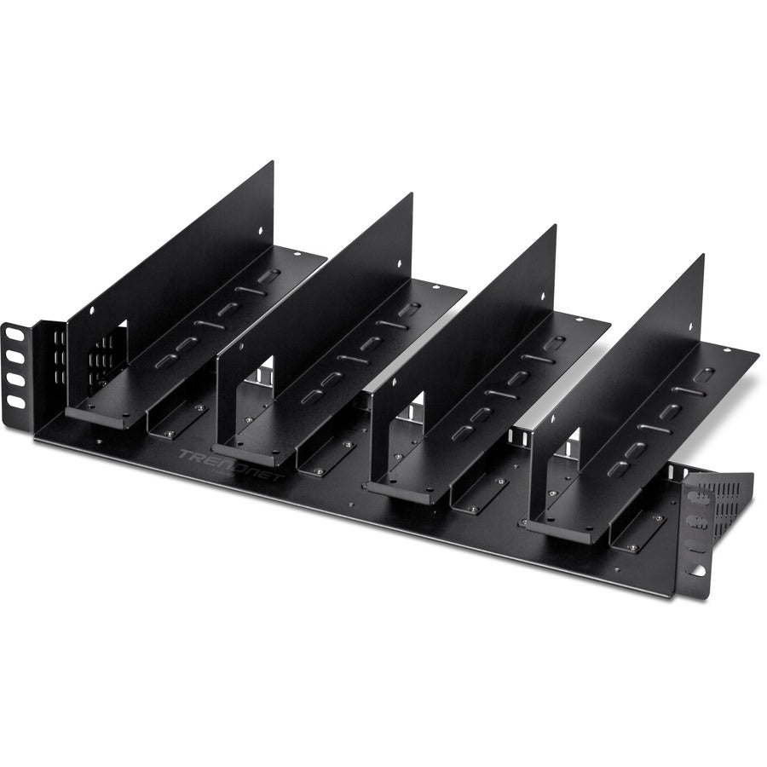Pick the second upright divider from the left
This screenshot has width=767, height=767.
pos(315,307)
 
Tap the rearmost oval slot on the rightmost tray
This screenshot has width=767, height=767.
pos(704,374)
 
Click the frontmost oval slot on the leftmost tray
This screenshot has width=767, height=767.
pos(165,361)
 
